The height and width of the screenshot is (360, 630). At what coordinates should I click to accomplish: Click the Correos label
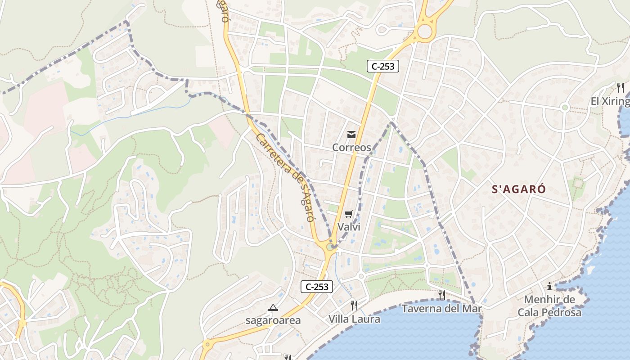[x=351, y=147]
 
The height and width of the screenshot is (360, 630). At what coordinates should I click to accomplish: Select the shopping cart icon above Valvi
[x=349, y=214]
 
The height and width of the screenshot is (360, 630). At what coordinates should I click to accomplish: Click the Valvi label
[x=349, y=226]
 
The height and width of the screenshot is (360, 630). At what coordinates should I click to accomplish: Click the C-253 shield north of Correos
[x=383, y=67]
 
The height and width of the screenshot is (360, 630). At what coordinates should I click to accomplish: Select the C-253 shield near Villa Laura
[x=317, y=286]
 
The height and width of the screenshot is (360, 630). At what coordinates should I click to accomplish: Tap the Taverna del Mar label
[x=441, y=309]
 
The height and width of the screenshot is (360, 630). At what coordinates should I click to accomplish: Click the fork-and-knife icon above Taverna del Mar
[x=441, y=295]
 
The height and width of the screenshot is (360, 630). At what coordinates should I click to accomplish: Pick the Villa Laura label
[x=354, y=319]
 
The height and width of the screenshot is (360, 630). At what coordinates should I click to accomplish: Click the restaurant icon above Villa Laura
[x=354, y=306]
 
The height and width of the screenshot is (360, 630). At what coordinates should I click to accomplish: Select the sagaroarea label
[x=273, y=320]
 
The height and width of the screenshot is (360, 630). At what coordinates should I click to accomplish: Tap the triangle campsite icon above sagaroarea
[x=273, y=308]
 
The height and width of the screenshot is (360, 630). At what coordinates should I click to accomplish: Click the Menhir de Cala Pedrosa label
[x=549, y=306]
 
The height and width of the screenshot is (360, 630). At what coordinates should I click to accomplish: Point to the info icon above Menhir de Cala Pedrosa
[x=549, y=286]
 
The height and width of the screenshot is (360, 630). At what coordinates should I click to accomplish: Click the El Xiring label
[x=610, y=101]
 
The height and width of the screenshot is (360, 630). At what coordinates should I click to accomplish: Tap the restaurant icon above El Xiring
[x=621, y=88]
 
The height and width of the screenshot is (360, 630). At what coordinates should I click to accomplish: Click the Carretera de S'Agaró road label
[x=284, y=177]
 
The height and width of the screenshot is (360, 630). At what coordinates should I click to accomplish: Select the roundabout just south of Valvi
[x=331, y=246]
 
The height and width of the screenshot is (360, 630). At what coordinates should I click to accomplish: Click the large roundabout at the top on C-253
[x=424, y=31]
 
